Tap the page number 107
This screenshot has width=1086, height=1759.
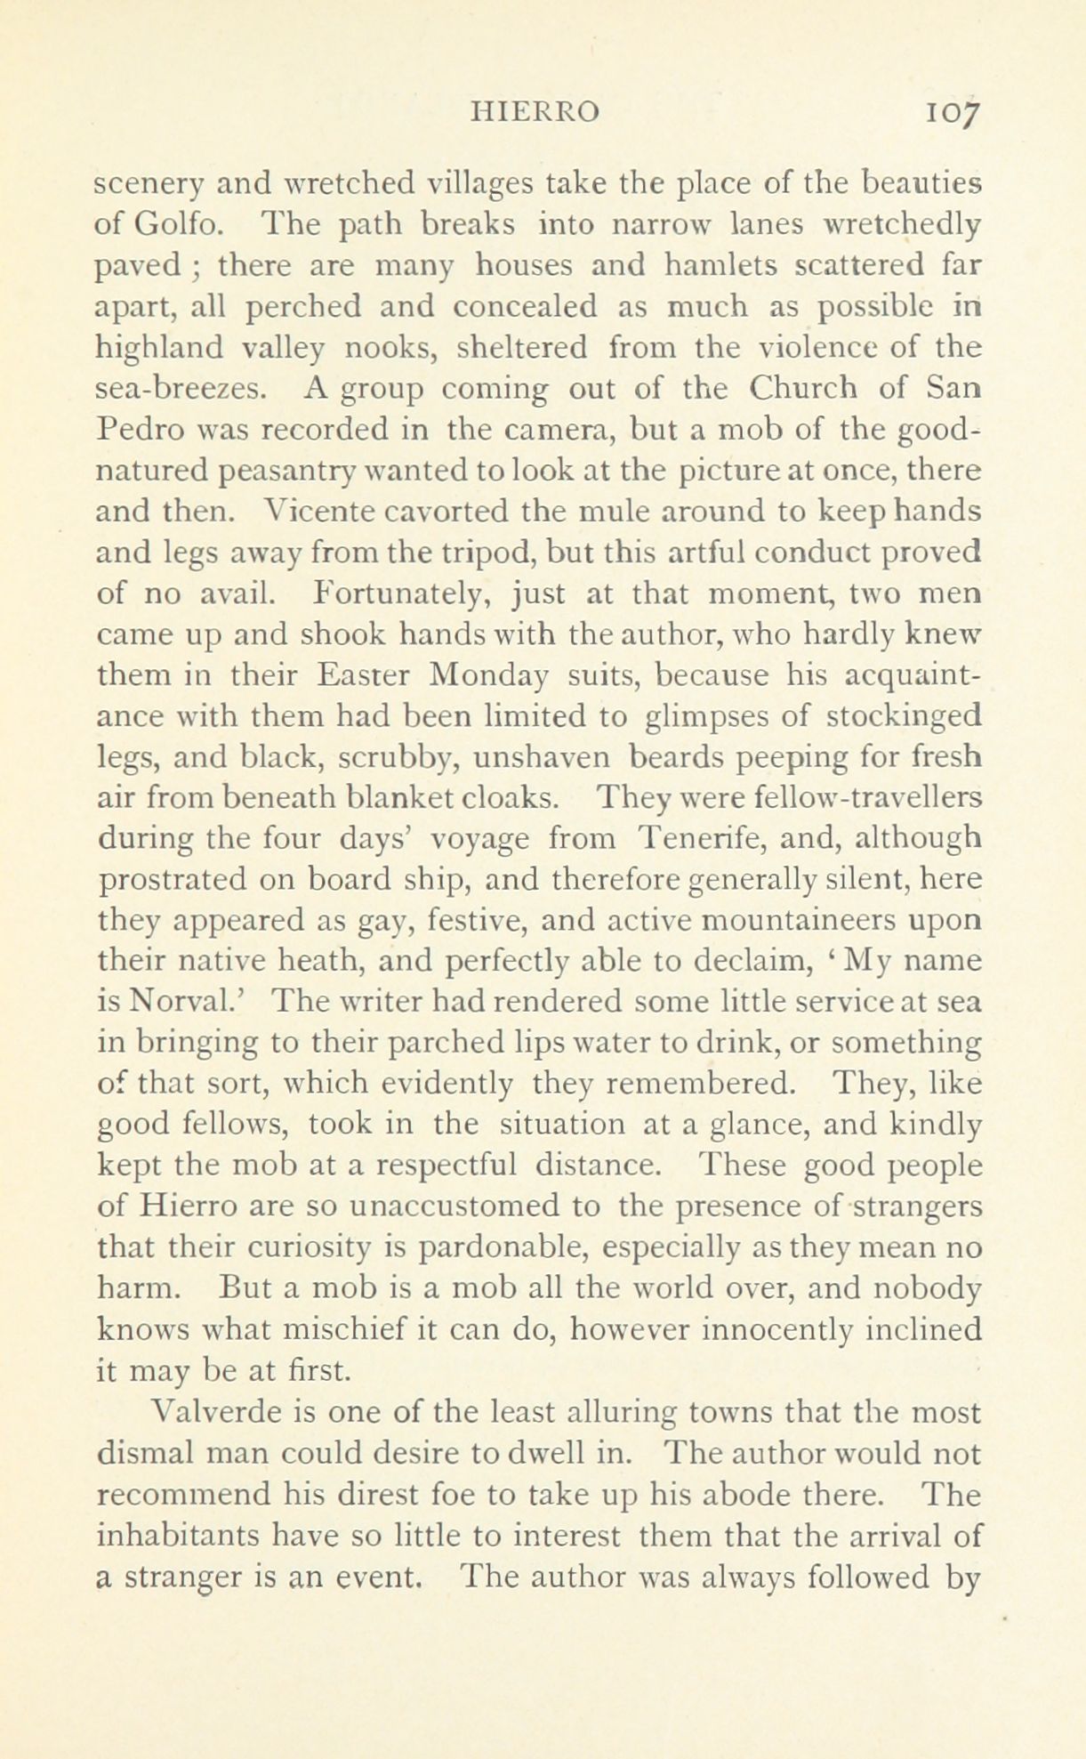(952, 112)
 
